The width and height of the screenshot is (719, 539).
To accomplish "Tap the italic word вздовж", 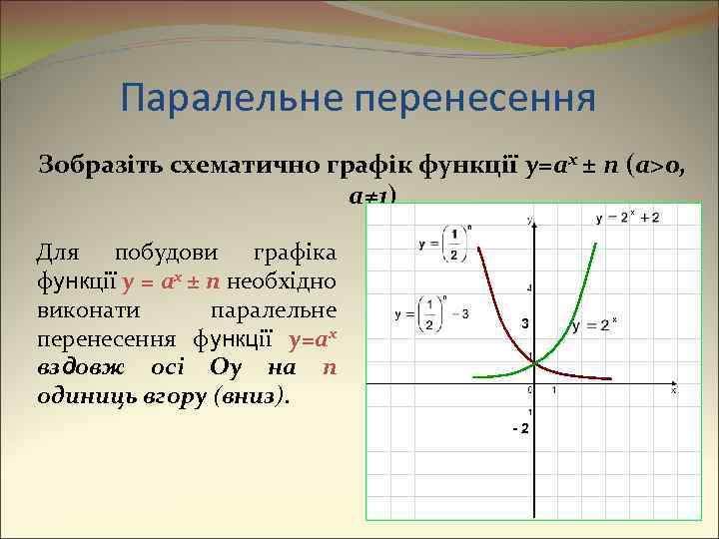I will pos(80,367).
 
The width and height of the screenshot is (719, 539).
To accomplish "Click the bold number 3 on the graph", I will pos(521,324).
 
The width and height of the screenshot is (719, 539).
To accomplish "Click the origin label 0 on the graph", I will pos(528,390).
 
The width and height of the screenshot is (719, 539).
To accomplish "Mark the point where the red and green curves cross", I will pos(533,361).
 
